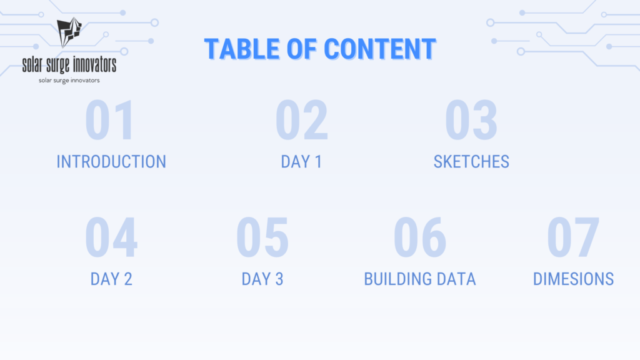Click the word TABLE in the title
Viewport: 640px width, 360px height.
242,49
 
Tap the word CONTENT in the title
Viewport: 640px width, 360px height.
379,49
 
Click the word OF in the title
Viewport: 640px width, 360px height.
302,49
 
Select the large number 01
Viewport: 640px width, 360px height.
109,120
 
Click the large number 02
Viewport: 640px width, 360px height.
302,120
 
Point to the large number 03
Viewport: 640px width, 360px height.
471,120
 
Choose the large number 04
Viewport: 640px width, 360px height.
111,237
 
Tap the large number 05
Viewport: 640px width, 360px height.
262,237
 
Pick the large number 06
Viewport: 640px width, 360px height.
419,237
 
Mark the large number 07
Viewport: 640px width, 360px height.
573,237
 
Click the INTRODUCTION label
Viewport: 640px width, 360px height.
111,162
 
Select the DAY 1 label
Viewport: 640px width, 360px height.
302,162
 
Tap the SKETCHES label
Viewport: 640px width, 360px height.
471,162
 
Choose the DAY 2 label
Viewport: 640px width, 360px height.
111,279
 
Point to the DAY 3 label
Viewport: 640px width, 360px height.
262,279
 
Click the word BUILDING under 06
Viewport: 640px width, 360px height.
397,279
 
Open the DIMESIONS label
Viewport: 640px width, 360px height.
574,279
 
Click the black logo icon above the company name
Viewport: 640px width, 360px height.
69,32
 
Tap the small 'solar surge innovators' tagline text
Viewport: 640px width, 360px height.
69,81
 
